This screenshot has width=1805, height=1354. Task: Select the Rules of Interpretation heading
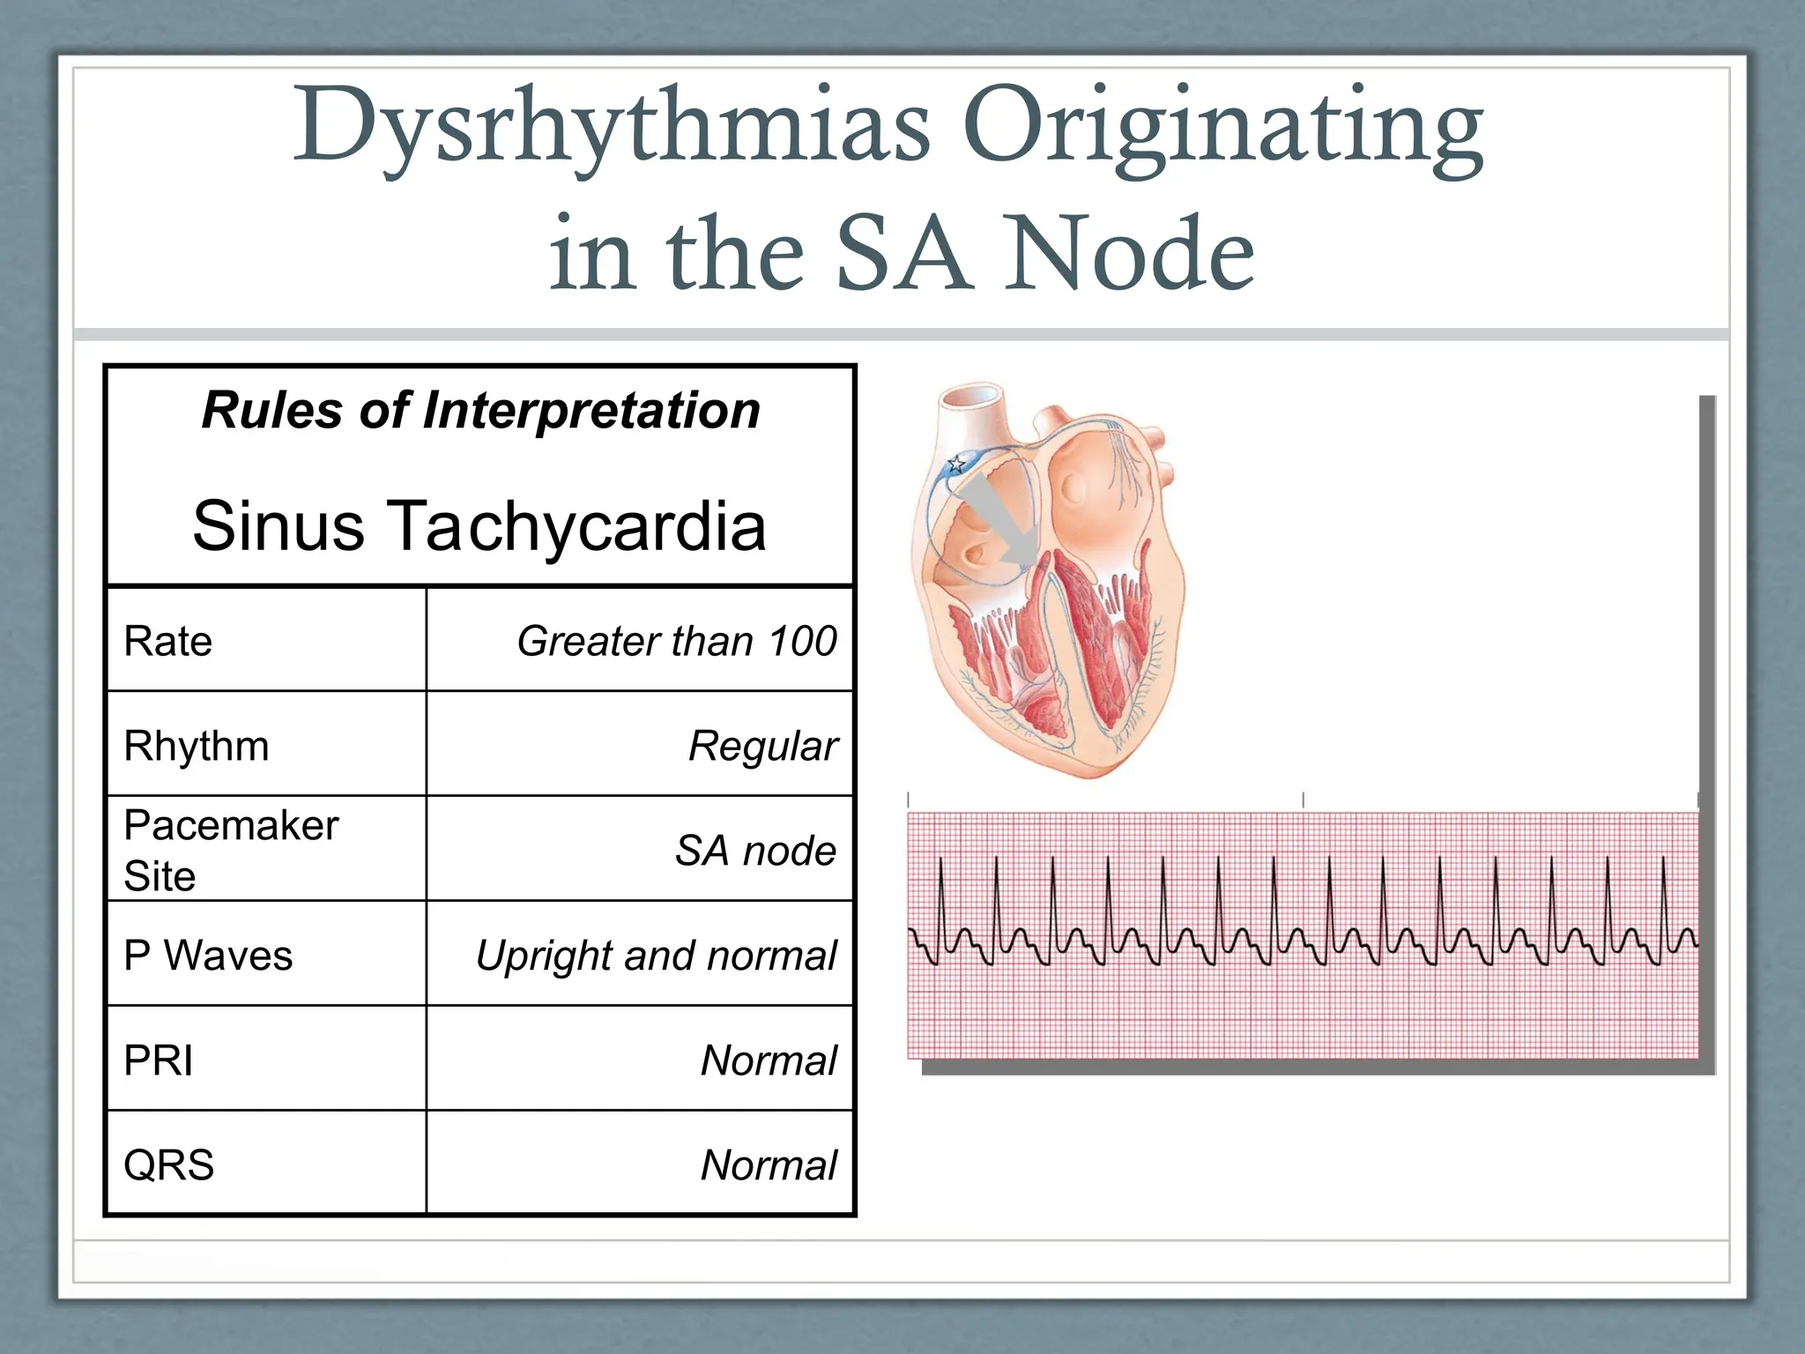point(480,411)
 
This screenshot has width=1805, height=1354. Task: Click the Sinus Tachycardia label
point(479,526)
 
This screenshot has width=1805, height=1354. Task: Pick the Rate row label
point(168,641)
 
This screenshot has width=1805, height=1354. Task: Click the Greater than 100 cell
point(676,641)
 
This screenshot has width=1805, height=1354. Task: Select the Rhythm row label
point(197,746)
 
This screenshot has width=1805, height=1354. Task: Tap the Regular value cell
point(762,747)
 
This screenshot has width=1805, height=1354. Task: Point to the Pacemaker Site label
point(231,850)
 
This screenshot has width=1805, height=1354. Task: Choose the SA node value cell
point(755,851)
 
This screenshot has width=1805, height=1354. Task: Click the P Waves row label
point(208,956)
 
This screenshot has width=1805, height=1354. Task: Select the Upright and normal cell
point(656,956)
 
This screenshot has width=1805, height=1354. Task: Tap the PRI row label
point(159,1060)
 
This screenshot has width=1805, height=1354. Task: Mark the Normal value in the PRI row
point(769,1060)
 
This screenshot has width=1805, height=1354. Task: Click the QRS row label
point(169,1165)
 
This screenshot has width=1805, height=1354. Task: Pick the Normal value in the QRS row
point(769,1165)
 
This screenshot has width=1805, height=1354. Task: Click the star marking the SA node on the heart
point(956,464)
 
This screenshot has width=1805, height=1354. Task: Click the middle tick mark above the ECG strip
point(1304,800)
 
